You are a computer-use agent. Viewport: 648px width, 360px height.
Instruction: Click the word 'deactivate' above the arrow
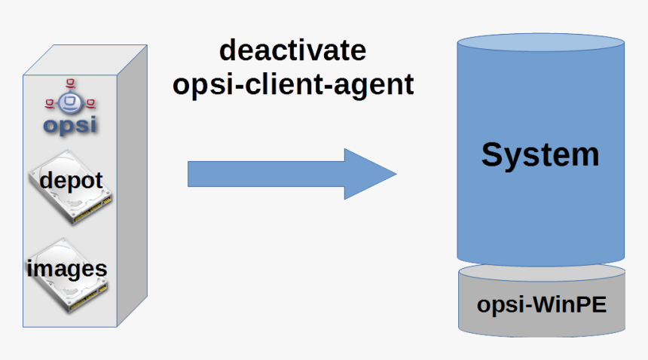click(x=292, y=51)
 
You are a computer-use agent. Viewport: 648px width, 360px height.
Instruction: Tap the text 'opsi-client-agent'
click(x=293, y=84)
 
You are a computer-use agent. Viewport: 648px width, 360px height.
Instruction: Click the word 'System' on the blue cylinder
click(x=540, y=155)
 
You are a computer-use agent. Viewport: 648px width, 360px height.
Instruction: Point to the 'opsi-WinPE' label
click(x=542, y=305)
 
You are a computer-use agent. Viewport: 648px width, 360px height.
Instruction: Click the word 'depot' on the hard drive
click(x=71, y=181)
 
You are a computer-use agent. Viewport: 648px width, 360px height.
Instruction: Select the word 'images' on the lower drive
click(x=67, y=268)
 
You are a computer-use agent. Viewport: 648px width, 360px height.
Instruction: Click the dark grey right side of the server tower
click(x=131, y=188)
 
